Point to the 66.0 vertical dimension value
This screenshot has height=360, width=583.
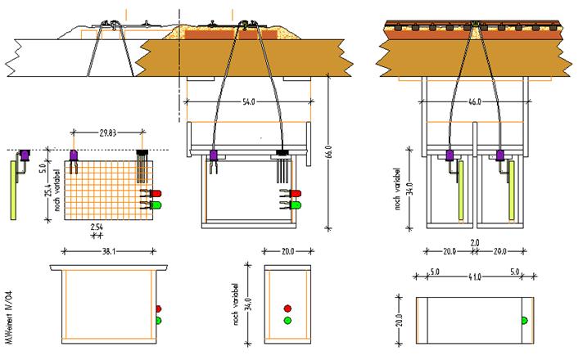pyautogui.click(x=328, y=153)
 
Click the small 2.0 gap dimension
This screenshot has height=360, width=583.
pyautogui.click(x=475, y=242)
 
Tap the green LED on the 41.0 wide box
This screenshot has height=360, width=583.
pyautogui.click(x=524, y=319)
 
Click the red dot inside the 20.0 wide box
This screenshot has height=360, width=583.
pyautogui.click(x=287, y=308)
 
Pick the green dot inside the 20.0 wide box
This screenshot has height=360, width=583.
pyautogui.click(x=287, y=321)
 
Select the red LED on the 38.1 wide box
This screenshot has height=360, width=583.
pyautogui.click(x=159, y=308)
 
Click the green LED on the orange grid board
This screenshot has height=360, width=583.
pyautogui.click(x=156, y=204)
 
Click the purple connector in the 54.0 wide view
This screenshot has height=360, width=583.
pyautogui.click(x=213, y=155)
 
